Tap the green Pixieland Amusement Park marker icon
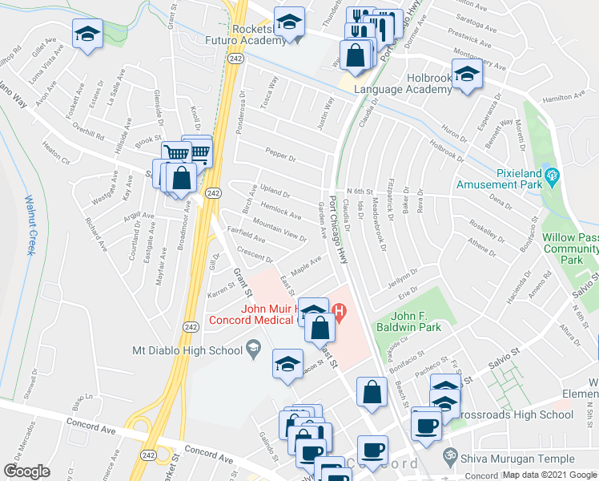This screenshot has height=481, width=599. (550, 174)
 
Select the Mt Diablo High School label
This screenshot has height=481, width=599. (187, 350)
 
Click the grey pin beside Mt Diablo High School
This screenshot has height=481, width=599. (254, 346)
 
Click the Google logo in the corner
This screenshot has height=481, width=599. (26, 471)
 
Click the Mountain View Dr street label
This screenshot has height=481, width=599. (279, 229)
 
